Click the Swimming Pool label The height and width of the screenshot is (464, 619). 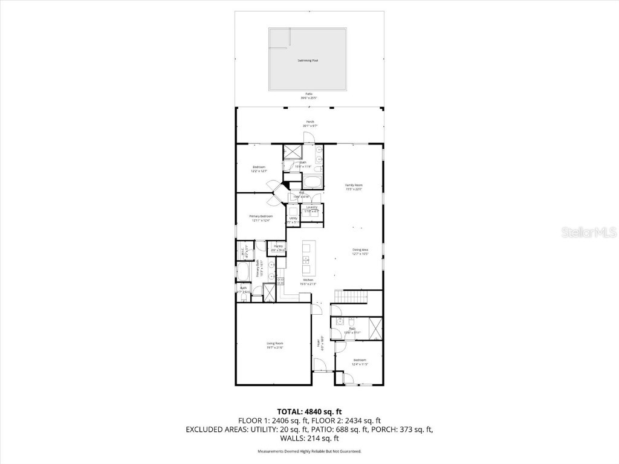(308, 60)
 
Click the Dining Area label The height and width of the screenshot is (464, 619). (361, 251)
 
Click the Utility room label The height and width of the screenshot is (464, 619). (293, 219)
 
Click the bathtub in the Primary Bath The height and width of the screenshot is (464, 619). (244, 272)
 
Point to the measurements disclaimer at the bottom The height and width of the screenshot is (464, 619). (309, 451)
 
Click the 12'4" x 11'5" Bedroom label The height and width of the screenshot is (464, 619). (360, 361)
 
